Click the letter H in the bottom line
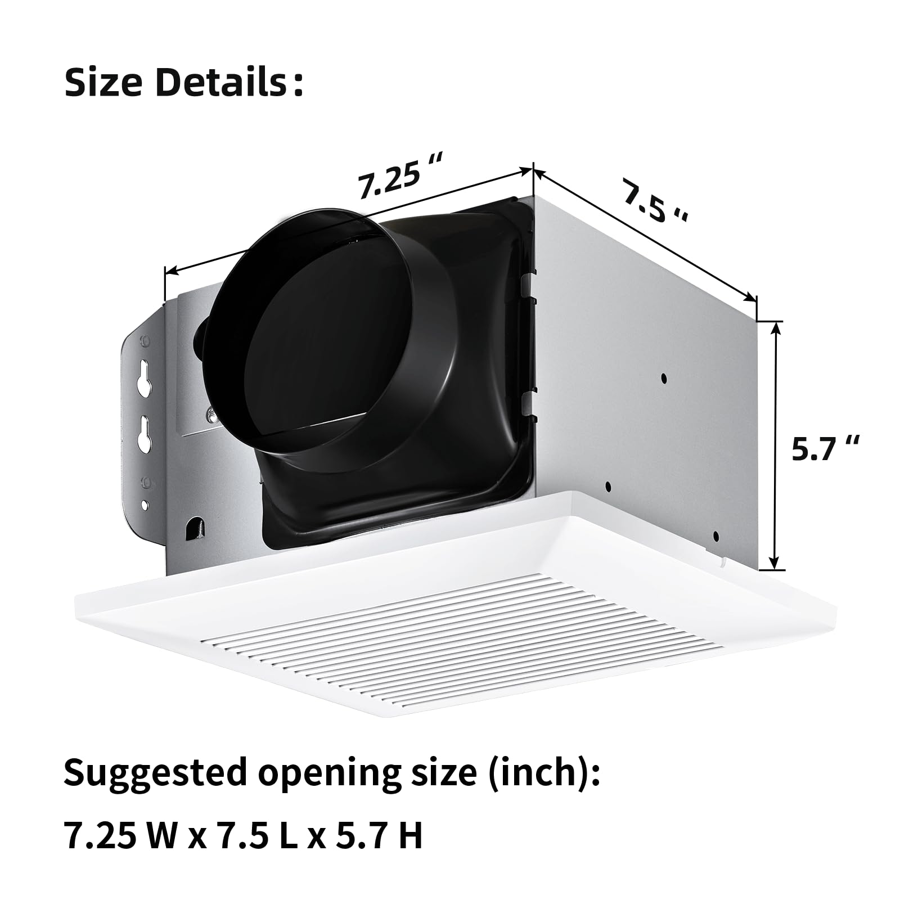click(410, 835)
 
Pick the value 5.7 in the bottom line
click(357, 835)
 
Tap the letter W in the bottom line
click(163, 835)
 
